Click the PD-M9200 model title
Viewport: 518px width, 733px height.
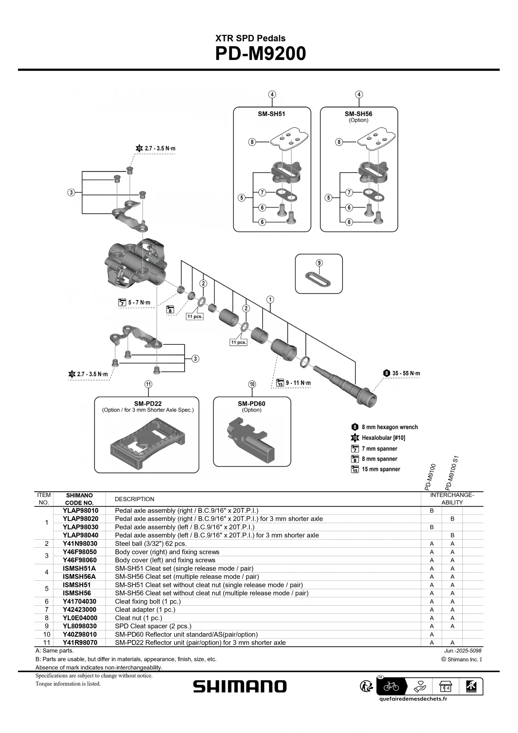[260, 53]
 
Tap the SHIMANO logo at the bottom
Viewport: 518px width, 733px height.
[240, 686]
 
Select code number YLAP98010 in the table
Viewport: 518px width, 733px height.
[81, 510]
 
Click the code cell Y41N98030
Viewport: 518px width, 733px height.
[80, 544]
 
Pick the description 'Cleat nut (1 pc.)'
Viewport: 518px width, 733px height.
[139, 618]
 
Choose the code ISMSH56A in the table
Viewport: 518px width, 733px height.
[79, 577]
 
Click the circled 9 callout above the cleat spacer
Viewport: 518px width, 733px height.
[319, 263]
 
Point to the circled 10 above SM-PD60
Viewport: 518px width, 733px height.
[252, 384]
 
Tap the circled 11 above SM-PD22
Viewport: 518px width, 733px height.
[148, 384]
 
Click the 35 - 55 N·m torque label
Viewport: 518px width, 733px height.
[406, 373]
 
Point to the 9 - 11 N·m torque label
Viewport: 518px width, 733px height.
[298, 383]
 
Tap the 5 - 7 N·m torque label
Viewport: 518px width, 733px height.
[139, 303]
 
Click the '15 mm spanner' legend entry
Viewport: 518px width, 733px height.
[381, 469]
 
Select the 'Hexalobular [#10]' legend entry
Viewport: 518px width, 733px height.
[383, 438]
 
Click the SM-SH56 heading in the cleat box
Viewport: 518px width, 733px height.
[358, 114]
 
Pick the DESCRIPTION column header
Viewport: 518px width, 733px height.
[134, 499]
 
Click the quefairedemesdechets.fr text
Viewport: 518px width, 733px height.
[413, 698]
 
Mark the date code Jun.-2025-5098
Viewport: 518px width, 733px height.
[463, 651]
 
